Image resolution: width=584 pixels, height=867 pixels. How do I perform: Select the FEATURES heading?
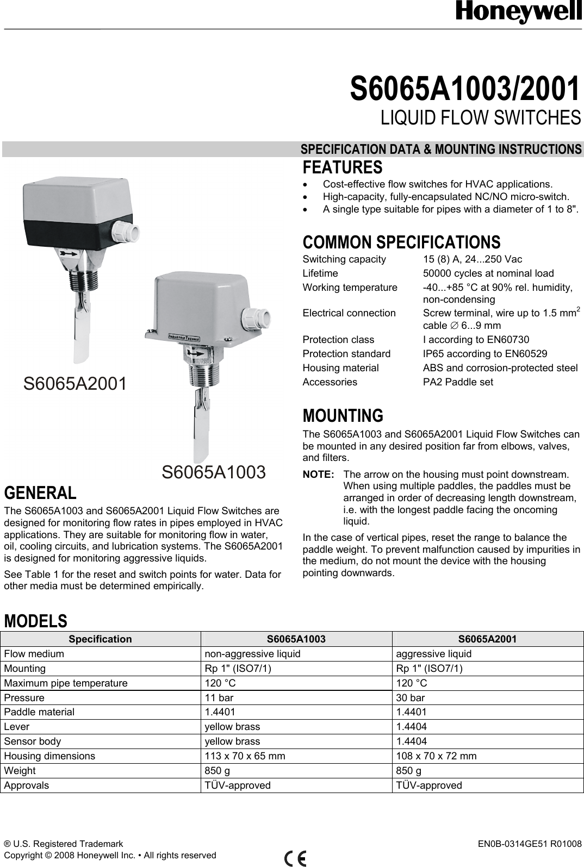[342, 167]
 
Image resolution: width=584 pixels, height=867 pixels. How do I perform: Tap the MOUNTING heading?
[342, 416]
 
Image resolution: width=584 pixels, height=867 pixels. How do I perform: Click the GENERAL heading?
[40, 493]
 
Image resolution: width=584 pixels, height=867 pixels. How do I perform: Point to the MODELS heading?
[36, 620]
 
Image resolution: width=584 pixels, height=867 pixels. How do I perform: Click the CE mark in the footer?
[295, 857]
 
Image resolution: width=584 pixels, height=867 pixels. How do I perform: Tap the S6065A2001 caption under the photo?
[75, 384]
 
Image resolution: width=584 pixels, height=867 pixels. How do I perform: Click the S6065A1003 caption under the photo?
[214, 472]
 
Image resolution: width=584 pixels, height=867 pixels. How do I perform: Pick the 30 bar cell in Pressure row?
[411, 697]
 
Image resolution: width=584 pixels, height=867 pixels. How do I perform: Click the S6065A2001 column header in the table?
[487, 639]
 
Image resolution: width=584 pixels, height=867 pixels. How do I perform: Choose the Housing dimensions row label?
[49, 756]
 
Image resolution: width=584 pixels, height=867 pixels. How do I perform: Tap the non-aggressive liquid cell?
[252, 653]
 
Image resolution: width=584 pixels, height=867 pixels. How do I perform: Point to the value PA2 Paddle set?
[450, 382]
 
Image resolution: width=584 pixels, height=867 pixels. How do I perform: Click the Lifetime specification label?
[320, 273]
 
